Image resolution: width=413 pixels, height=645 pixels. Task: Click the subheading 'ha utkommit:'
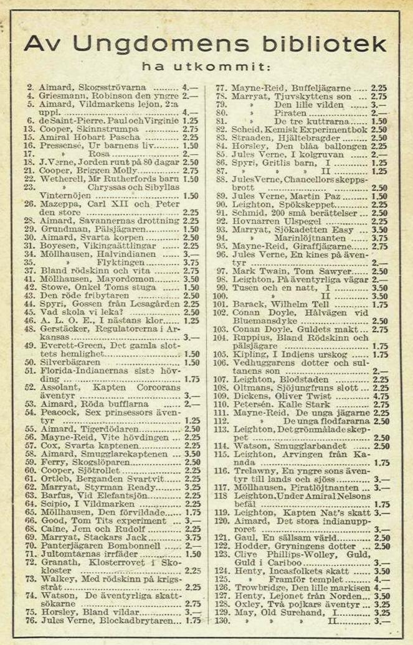206,66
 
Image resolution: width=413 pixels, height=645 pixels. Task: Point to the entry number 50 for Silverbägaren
29,362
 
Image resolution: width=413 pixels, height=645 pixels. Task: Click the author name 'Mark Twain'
255,271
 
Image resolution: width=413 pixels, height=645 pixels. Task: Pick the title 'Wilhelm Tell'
295,305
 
